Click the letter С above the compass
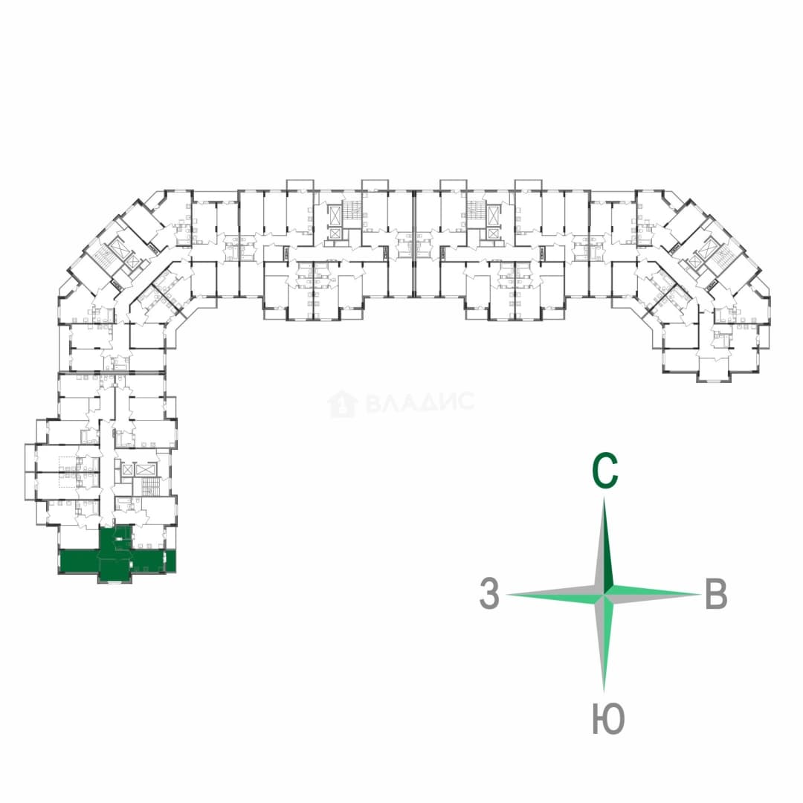click(x=604, y=470)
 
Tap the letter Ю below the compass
click(x=608, y=718)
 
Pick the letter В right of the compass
click(x=716, y=593)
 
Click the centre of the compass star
click(x=604, y=595)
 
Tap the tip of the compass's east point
click(x=701, y=595)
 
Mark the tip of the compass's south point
click(x=604, y=692)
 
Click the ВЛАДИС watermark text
click(x=420, y=402)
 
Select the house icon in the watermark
click(x=343, y=404)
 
